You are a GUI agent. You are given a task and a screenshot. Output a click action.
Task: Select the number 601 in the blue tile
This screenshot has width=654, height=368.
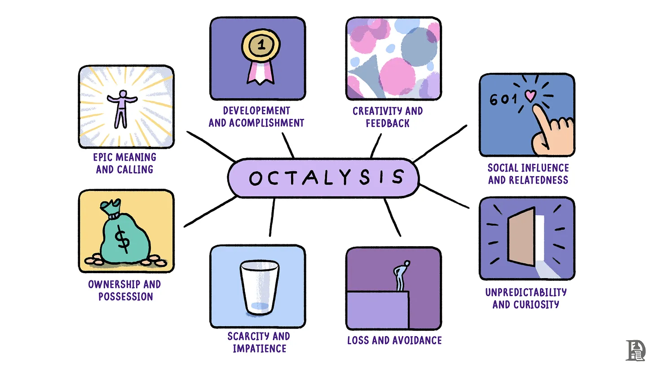click(x=500, y=100)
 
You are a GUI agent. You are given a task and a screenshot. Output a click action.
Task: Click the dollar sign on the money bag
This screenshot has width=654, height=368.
click(x=123, y=239)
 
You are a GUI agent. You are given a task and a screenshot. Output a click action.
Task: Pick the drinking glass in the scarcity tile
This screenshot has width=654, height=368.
click(x=259, y=288)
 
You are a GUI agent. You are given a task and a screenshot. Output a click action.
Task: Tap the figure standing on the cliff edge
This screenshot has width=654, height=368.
click(x=401, y=275)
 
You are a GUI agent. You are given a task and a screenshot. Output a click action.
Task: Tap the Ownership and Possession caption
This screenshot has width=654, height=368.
click(x=124, y=290)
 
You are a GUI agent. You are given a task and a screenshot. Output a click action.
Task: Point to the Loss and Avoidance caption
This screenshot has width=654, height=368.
click(x=394, y=340)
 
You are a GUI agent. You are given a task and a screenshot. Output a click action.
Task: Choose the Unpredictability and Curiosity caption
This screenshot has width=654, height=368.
click(x=526, y=298)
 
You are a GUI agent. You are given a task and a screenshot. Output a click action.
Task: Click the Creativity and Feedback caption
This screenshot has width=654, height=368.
click(x=387, y=117)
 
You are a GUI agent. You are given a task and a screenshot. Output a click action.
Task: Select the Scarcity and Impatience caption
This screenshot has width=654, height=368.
click(x=259, y=342)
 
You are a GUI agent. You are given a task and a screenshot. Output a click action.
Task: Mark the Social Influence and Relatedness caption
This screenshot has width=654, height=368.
click(x=528, y=174)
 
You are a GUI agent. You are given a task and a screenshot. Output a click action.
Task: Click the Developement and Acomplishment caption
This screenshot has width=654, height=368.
click(x=256, y=116)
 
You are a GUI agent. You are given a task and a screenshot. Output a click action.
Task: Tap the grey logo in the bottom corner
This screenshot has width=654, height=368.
click(x=635, y=350)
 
